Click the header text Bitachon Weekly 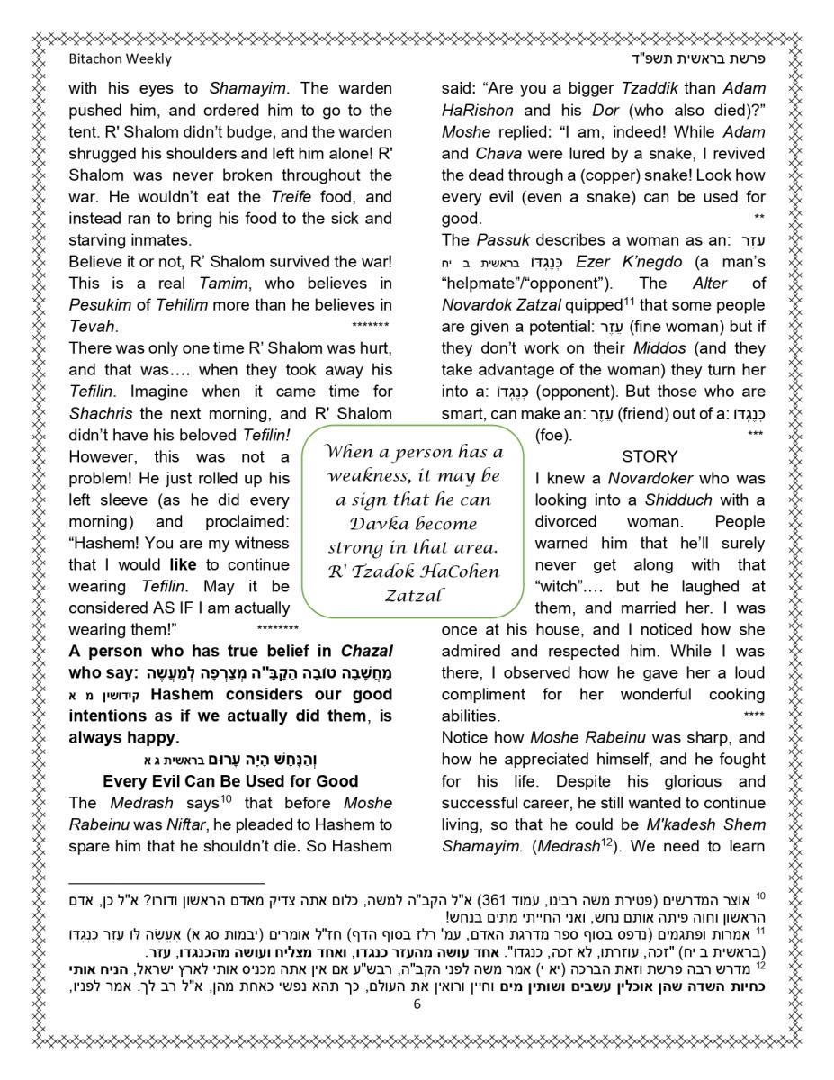pyautogui.click(x=120, y=59)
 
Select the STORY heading pyautogui.click(x=650, y=456)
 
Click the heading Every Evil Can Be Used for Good pyautogui.click(x=230, y=781)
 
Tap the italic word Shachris pyautogui.click(x=102, y=413)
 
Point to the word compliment pyautogui.click(x=484, y=695)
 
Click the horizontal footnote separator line pyautogui.click(x=166, y=884)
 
